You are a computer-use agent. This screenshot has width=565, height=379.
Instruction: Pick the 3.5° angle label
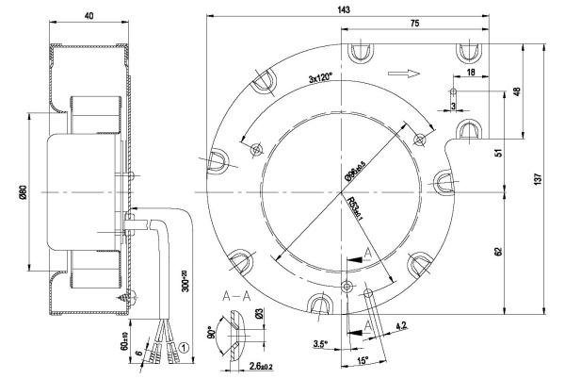pyautogui.click(x=320, y=345)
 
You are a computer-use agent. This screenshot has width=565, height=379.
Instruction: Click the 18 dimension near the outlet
pyautogui.click(x=470, y=73)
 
